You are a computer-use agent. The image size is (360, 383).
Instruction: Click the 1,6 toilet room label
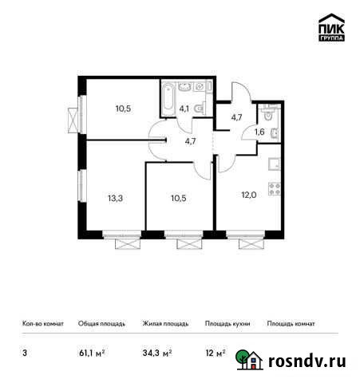[259, 132]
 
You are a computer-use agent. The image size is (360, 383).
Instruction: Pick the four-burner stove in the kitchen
[275, 190]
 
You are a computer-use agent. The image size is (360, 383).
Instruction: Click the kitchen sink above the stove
[275, 165]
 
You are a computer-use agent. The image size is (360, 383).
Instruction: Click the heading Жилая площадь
[164, 324]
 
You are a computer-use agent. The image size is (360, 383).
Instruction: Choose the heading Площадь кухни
[227, 324]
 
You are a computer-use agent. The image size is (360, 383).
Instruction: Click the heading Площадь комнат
[291, 324]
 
